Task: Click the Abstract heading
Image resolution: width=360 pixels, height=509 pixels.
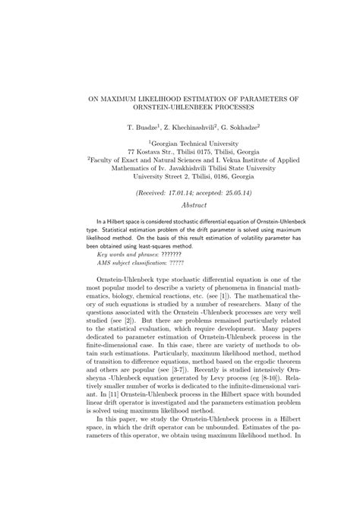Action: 179,206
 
